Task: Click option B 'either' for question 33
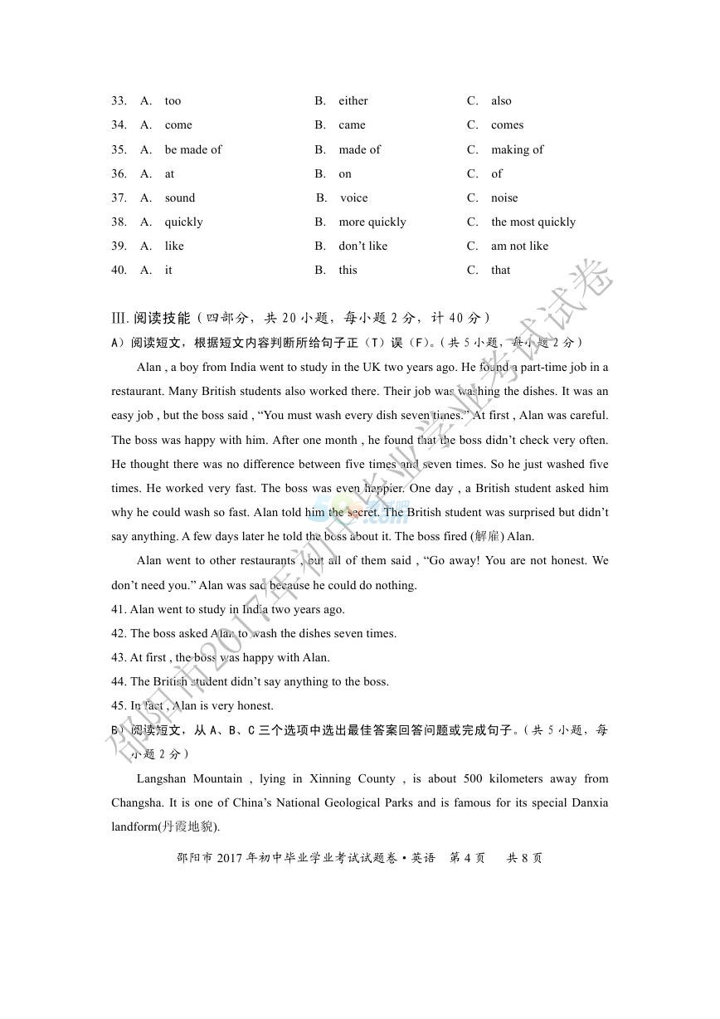click(x=353, y=101)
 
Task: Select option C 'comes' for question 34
click(x=507, y=125)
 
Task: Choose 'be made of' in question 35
click(x=193, y=149)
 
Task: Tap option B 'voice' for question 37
click(x=353, y=198)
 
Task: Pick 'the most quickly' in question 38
click(x=533, y=222)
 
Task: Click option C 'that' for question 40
click(x=500, y=271)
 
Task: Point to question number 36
click(x=119, y=174)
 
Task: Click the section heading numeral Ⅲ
click(x=117, y=319)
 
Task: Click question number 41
click(x=119, y=610)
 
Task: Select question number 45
click(x=119, y=706)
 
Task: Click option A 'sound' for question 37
click(x=179, y=198)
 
